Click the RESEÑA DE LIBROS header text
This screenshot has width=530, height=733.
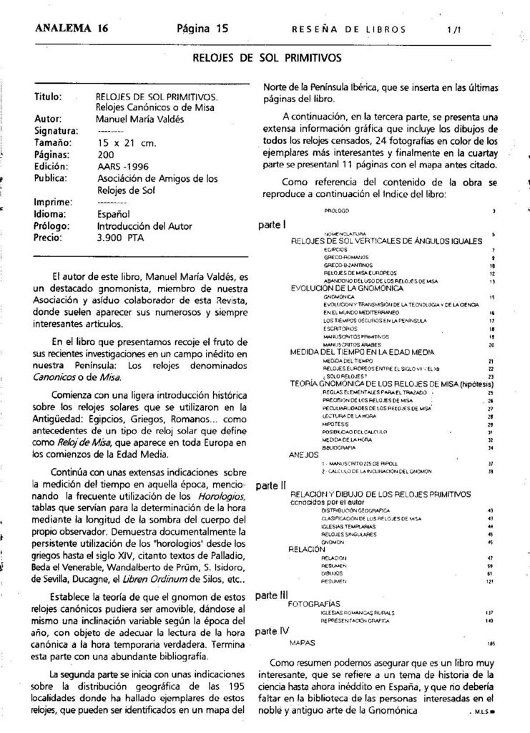pos(349,30)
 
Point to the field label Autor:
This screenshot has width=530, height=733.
pos(49,119)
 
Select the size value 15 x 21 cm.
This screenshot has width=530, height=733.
pos(126,142)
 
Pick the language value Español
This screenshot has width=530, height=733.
pos(113,213)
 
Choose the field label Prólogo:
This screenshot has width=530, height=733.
pos(52,225)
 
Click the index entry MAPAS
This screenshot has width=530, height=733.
pos(303,643)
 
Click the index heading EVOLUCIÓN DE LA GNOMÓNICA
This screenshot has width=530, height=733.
pos(347,288)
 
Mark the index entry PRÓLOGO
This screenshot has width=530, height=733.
pos(336,212)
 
